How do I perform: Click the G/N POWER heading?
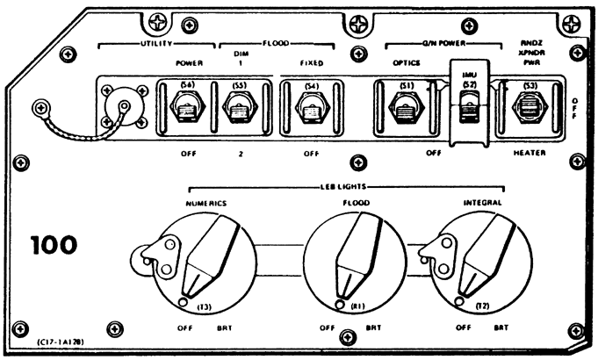click(436, 42)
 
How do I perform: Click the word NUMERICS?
click(207, 203)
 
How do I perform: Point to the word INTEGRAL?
click(484, 203)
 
